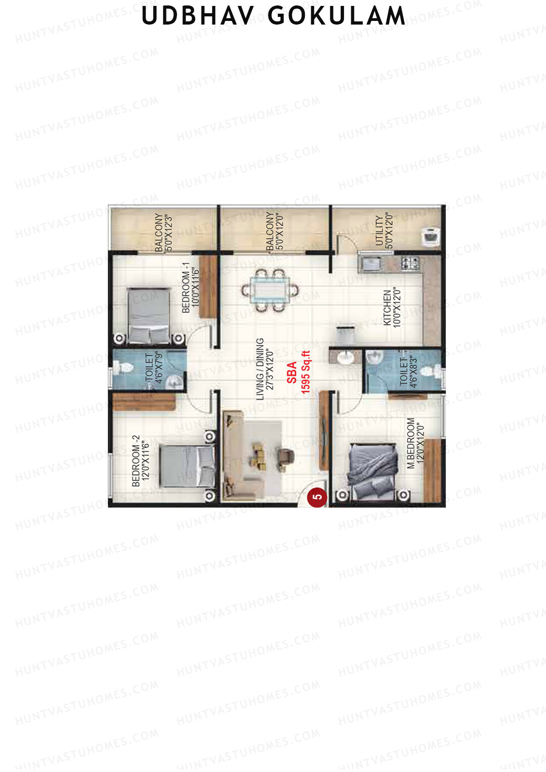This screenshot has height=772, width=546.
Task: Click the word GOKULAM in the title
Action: click(x=336, y=15)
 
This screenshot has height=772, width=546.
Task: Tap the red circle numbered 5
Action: click(x=317, y=497)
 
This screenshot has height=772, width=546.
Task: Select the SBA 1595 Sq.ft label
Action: click(x=298, y=372)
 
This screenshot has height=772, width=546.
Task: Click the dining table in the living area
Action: click(x=270, y=291)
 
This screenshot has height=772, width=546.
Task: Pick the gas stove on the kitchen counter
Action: click(x=410, y=264)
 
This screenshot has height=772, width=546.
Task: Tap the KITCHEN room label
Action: click(x=392, y=308)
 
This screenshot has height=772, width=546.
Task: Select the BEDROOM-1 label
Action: click(x=191, y=288)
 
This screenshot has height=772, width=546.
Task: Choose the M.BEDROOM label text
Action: click(x=415, y=443)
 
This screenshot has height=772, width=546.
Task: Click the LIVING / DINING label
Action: click(x=265, y=369)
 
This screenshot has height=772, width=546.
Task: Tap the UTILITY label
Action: click(x=384, y=230)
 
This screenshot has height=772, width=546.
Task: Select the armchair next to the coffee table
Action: click(x=286, y=457)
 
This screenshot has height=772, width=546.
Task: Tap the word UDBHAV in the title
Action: click(x=197, y=15)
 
